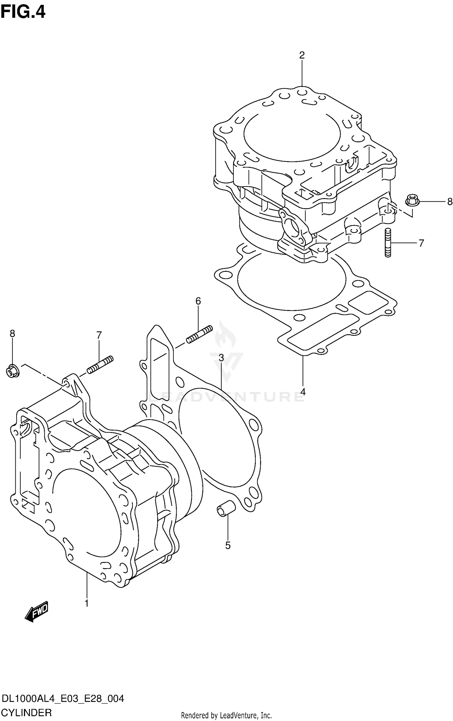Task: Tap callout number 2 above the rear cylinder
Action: tap(302, 55)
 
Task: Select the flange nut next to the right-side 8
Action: tap(412, 200)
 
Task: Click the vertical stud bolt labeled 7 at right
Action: tap(388, 243)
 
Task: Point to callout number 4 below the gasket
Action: tap(303, 392)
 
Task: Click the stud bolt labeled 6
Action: tap(199, 334)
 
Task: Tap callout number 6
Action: tap(198, 301)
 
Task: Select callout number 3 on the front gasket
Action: tap(221, 358)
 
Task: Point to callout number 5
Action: tap(228, 545)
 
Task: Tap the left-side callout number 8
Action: tap(12, 334)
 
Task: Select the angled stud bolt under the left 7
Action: tap(100, 365)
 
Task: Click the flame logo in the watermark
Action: tap(225, 335)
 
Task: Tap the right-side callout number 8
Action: tap(450, 202)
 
